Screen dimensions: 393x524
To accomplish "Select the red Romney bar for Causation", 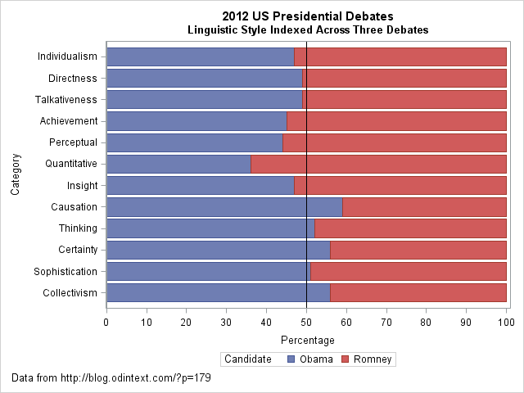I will pyautogui.click(x=424, y=207).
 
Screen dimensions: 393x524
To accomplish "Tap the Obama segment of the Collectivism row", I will pyautogui.click(x=218, y=292).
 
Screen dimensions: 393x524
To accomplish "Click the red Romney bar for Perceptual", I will pyautogui.click(x=395, y=142).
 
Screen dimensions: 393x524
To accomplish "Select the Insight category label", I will pyautogui.click(x=82, y=185).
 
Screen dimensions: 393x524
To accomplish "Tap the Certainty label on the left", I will pyautogui.click(x=78, y=250).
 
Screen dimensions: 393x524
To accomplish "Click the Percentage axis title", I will pyautogui.click(x=307, y=340).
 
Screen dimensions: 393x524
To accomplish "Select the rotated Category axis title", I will pyautogui.click(x=16, y=171).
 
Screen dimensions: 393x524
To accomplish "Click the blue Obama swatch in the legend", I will pyautogui.click(x=291, y=359).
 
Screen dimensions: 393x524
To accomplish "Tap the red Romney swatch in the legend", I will pyautogui.click(x=345, y=359).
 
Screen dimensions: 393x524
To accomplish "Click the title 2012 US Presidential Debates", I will pyautogui.click(x=307, y=16).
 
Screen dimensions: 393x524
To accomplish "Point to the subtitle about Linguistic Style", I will pyautogui.click(x=307, y=29).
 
